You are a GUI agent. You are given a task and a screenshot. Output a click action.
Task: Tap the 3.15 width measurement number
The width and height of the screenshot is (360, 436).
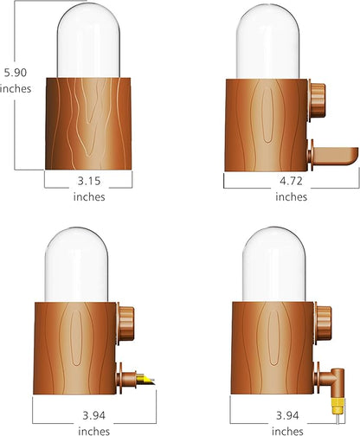click(88, 182)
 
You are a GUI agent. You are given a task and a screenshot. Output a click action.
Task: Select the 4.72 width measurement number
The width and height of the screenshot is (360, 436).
click(290, 182)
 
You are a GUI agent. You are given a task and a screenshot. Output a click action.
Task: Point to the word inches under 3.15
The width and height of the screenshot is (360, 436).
click(88, 196)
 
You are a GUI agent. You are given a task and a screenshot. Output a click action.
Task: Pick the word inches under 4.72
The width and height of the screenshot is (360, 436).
click(290, 196)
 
